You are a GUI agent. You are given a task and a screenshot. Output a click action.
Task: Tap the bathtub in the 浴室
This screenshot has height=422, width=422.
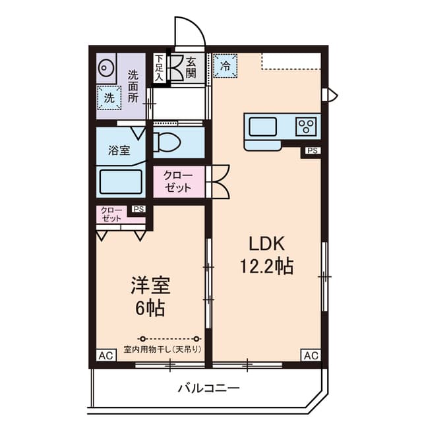pyautogui.click(x=121, y=181)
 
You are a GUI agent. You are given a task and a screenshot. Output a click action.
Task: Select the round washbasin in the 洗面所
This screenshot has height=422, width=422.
pyautogui.click(x=107, y=68)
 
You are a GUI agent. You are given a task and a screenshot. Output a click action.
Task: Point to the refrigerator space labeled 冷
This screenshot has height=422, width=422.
pyautogui.click(x=226, y=65)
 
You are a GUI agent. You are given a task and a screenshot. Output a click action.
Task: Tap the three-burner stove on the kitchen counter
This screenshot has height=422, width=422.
pyautogui.click(x=307, y=125)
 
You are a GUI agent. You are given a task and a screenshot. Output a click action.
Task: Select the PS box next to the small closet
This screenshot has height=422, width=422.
pyautogui.click(x=138, y=210)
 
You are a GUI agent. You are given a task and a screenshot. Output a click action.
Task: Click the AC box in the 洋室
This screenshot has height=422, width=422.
pyautogui.click(x=104, y=355)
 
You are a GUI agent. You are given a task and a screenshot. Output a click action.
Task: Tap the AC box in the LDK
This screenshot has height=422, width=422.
pyautogui.click(x=311, y=355)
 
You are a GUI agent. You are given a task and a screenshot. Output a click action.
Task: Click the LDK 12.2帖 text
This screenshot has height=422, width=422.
pyautogui.click(x=266, y=255)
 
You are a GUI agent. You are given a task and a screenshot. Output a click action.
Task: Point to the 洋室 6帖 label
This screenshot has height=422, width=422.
pyautogui.click(x=150, y=297)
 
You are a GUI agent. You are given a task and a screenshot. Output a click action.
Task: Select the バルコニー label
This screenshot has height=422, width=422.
pyautogui.click(x=208, y=388)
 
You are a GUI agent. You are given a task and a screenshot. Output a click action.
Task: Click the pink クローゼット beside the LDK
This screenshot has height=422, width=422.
pyautogui.click(x=179, y=181)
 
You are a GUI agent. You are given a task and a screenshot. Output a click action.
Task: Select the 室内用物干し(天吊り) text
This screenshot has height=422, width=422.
pyautogui.click(x=162, y=349)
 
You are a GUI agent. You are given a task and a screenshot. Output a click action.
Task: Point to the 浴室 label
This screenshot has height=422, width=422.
pyautogui.click(x=119, y=150)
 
